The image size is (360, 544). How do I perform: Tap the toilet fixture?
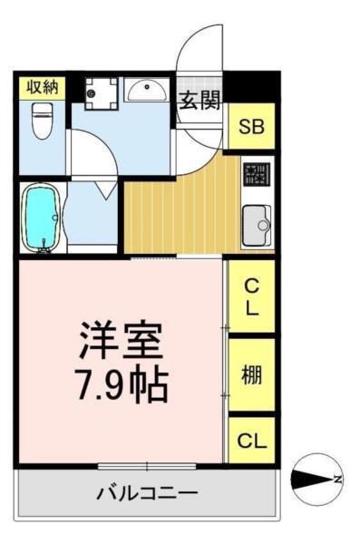[x=40, y=121]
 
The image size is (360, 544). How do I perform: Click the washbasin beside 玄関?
[x=145, y=92]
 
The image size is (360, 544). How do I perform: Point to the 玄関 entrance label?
[x=199, y=99]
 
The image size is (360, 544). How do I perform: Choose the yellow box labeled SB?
[x=251, y=126]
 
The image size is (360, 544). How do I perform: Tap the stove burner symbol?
[x=255, y=173]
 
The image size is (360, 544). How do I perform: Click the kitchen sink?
[x=256, y=223]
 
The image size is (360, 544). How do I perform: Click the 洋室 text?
[x=121, y=343]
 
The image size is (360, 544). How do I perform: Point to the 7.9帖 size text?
[x=121, y=384]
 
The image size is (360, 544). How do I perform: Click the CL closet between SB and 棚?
[x=251, y=296]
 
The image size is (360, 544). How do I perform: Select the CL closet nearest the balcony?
[x=251, y=441]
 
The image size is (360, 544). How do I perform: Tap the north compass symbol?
[x=316, y=478]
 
